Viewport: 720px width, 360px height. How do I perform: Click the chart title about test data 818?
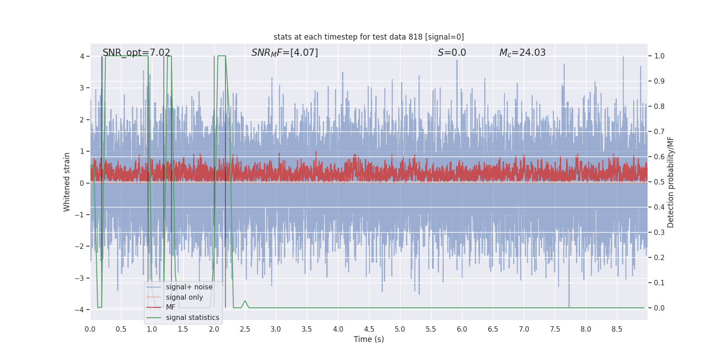(x=369, y=37)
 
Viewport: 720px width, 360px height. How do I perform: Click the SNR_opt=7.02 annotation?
(x=136, y=52)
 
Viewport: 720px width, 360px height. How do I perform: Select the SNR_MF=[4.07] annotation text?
(x=285, y=52)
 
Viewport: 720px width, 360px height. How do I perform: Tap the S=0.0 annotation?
(x=452, y=52)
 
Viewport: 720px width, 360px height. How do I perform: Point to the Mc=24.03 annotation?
(x=522, y=52)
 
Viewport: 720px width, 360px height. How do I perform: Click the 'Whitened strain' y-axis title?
(x=67, y=182)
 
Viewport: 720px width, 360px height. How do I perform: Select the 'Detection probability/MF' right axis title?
(x=670, y=182)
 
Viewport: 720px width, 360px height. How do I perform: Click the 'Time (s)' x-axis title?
(x=369, y=339)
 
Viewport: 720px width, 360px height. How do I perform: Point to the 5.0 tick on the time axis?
(x=400, y=329)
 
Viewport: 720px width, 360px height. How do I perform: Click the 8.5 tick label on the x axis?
(x=617, y=329)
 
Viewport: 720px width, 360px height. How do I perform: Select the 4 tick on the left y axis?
(x=82, y=56)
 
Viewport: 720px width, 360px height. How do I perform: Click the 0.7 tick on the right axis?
(x=659, y=131)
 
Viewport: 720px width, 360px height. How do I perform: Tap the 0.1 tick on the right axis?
(x=659, y=283)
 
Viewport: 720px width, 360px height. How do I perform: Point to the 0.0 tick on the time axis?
(x=90, y=329)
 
